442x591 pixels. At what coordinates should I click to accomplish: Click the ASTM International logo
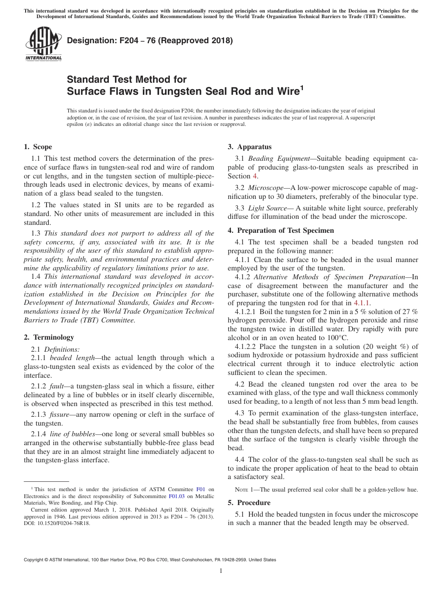43,44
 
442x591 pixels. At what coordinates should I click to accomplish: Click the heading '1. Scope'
38,147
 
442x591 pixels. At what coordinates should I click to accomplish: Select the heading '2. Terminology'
48,337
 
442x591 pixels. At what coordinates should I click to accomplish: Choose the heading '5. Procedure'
249,503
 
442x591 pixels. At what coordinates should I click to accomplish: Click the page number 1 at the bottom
221,571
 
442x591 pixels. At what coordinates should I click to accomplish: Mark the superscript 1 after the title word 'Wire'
301,87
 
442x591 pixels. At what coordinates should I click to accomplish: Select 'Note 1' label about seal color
247,490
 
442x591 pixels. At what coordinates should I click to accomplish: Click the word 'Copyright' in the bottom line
35,560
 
